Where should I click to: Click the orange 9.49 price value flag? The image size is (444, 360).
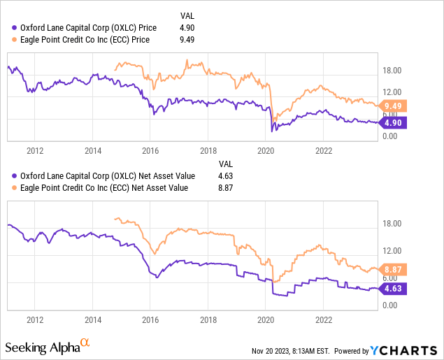pos(395,106)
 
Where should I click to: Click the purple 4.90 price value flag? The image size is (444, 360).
pos(395,122)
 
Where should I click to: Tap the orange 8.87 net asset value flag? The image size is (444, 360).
pos(395,269)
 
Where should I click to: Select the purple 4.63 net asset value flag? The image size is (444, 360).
pos(395,287)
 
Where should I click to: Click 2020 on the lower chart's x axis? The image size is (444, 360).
pos(266,318)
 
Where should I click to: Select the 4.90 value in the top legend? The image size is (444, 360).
pos(187,27)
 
